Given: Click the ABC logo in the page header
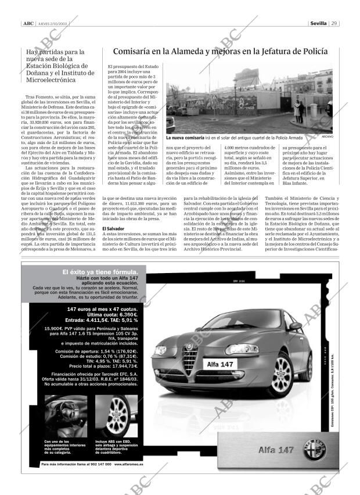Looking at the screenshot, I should (28, 24).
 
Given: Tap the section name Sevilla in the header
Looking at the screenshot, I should (318, 24).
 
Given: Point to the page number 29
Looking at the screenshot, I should (334, 24).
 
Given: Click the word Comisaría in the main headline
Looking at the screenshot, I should (134, 52).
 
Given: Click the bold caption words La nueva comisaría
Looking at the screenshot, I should (185, 138).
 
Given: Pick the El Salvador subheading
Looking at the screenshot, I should (113, 229).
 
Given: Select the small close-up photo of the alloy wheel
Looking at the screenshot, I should (115, 416).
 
